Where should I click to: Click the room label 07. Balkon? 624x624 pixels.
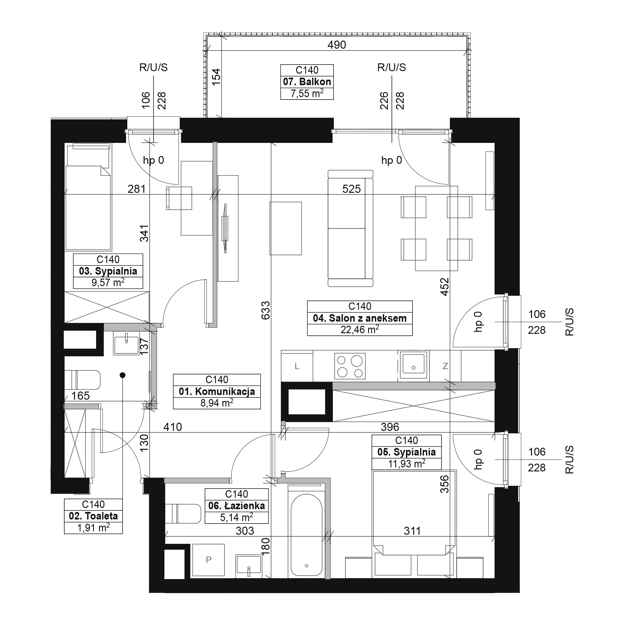pos(307,82)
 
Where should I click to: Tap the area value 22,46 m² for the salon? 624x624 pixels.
pos(360,330)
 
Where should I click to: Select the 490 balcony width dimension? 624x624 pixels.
pos(337,45)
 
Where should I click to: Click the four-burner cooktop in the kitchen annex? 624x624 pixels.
pos(350,366)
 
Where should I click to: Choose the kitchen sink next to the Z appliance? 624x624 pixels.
pos(413,365)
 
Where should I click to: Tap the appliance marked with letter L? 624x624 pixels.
pos(297,367)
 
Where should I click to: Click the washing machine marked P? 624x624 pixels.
pos(208,560)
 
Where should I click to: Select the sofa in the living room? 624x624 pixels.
pos(350,228)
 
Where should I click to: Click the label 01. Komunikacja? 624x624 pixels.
pos(217,392)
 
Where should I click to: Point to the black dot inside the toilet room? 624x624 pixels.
pos(122,375)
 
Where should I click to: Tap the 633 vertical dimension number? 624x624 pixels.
pos(266,310)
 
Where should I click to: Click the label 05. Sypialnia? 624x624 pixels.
pos(406,452)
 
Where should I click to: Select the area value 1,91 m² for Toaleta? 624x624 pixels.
pos(93,528)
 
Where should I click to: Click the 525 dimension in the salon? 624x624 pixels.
pos(351,189)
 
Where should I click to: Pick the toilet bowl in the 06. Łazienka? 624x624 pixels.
pos(183,514)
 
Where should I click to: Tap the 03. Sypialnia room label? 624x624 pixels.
pos(108,271)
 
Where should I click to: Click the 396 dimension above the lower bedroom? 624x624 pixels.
pos(390,427)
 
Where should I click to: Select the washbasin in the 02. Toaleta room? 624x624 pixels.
pos(127,343)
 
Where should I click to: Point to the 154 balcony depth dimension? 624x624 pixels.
pos(216,76)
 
